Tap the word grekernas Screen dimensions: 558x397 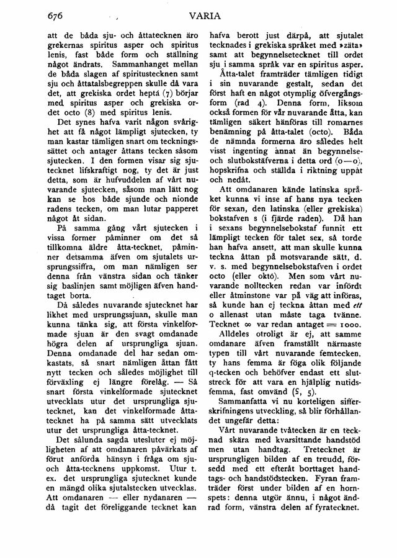[68, 46]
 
